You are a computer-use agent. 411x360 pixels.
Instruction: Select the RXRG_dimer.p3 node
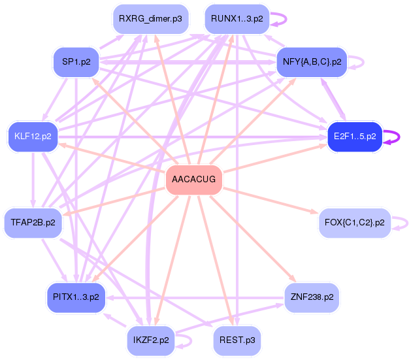(150, 19)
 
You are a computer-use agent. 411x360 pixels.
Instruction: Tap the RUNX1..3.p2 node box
(237, 19)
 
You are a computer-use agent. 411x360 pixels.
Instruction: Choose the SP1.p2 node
(76, 62)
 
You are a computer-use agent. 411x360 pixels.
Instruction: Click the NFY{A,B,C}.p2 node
(312, 62)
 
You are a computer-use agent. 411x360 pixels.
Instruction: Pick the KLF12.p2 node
(33, 137)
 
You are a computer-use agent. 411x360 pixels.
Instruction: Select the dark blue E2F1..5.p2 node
(354, 137)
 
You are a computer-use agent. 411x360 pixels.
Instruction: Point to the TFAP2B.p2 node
(33, 223)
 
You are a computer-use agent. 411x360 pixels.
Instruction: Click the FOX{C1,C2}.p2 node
(353, 223)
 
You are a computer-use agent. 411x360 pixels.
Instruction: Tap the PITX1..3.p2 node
(76, 297)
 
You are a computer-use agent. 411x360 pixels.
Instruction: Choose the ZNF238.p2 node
(312, 297)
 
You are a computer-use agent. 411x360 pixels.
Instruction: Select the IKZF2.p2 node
(150, 340)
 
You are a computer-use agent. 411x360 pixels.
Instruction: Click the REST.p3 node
(237, 340)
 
